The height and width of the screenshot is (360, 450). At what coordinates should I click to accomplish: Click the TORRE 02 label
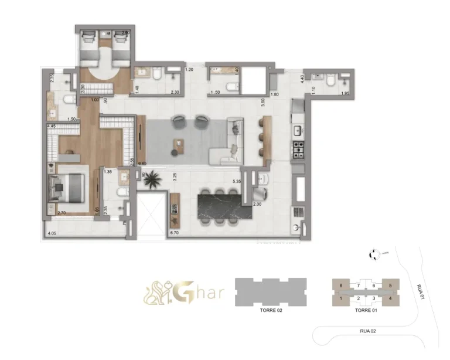click(x=271, y=311)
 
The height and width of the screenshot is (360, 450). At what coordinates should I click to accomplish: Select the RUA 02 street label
click(x=368, y=331)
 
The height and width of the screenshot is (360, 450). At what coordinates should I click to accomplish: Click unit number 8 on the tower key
click(x=340, y=286)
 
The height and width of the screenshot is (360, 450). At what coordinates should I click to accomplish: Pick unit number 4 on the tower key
click(x=390, y=298)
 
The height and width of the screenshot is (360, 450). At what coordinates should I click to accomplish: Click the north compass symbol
click(x=373, y=254)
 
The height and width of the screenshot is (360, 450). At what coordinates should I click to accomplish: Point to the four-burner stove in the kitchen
click(x=299, y=150)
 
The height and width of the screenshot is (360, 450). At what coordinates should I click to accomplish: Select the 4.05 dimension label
click(x=52, y=233)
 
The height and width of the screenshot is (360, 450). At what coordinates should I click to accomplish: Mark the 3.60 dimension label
click(x=264, y=100)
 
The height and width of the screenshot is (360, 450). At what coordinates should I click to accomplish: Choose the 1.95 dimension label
click(x=346, y=94)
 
